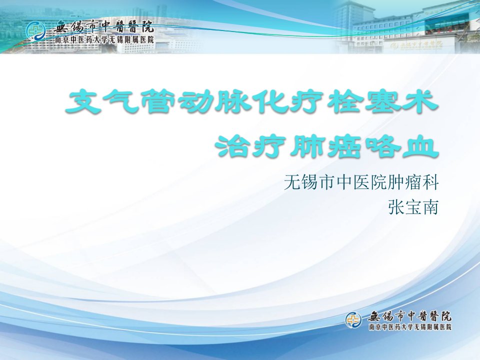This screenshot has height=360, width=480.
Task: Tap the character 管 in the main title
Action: [156, 101]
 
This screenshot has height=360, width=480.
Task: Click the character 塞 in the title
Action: [383, 101]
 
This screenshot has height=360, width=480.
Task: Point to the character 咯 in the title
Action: [382, 147]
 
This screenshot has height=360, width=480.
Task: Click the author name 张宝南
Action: [413, 207]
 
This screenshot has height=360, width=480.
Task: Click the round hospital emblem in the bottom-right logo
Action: [353, 320]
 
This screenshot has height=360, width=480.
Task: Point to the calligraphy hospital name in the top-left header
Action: [103, 27]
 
